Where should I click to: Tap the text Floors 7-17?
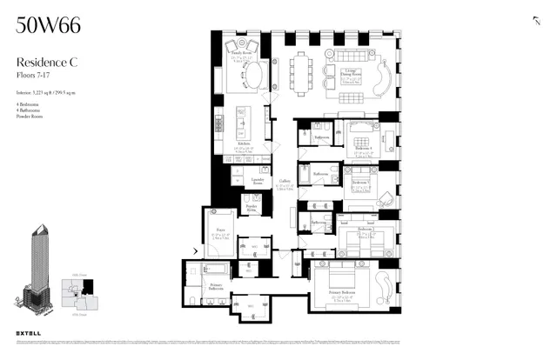click(x=34, y=76)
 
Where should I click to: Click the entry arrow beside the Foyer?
click(x=195, y=252)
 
